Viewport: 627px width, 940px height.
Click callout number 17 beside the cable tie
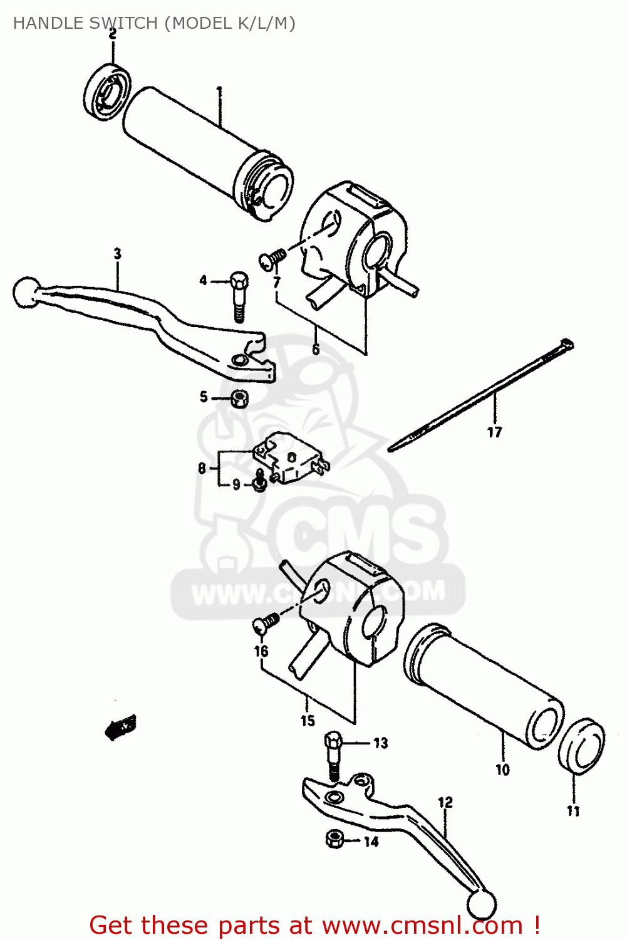(x=494, y=432)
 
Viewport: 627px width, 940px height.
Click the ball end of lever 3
(x=25, y=292)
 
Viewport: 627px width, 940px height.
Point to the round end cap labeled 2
(x=107, y=91)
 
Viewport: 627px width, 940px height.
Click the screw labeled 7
(x=272, y=258)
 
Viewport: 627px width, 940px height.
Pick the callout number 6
(x=316, y=349)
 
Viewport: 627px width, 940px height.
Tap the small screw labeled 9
(x=258, y=484)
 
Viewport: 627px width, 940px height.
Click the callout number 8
(x=202, y=468)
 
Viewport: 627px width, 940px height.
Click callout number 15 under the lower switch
(x=308, y=721)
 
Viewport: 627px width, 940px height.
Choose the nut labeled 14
(x=335, y=838)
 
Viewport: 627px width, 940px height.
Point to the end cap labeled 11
(x=582, y=746)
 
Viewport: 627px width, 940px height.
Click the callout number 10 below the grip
(x=503, y=770)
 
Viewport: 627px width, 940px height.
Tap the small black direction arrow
(x=121, y=728)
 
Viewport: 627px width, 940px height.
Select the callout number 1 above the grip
(x=219, y=92)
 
